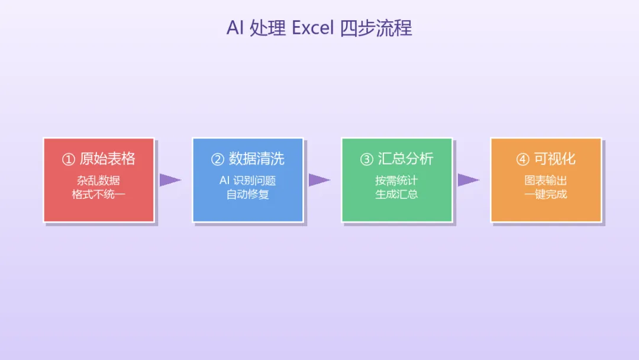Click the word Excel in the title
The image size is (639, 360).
coord(313,28)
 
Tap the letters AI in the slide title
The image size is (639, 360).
coord(235,28)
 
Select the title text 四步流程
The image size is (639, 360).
coord(376,28)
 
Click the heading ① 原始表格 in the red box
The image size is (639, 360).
coord(99,159)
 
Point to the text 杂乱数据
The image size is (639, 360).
coord(99,181)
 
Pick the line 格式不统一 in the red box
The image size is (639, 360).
coord(99,194)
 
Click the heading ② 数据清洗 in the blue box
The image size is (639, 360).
coord(248,159)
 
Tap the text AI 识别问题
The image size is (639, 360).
coord(248,181)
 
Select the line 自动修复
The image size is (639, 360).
coord(248,194)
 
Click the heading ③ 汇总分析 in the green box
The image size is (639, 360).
coord(397,159)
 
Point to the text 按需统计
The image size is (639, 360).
coord(397,181)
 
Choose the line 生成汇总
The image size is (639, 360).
coord(397,194)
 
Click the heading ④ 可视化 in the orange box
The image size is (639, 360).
coord(546,159)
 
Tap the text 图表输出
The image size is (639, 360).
coord(546,181)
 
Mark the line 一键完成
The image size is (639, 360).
coord(546,194)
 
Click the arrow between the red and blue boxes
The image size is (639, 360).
coord(170,180)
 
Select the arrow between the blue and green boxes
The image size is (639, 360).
coord(319,180)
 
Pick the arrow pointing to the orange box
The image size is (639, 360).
coord(468,180)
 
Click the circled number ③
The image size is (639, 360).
coord(367,159)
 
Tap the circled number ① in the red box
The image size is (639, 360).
coord(69,159)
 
